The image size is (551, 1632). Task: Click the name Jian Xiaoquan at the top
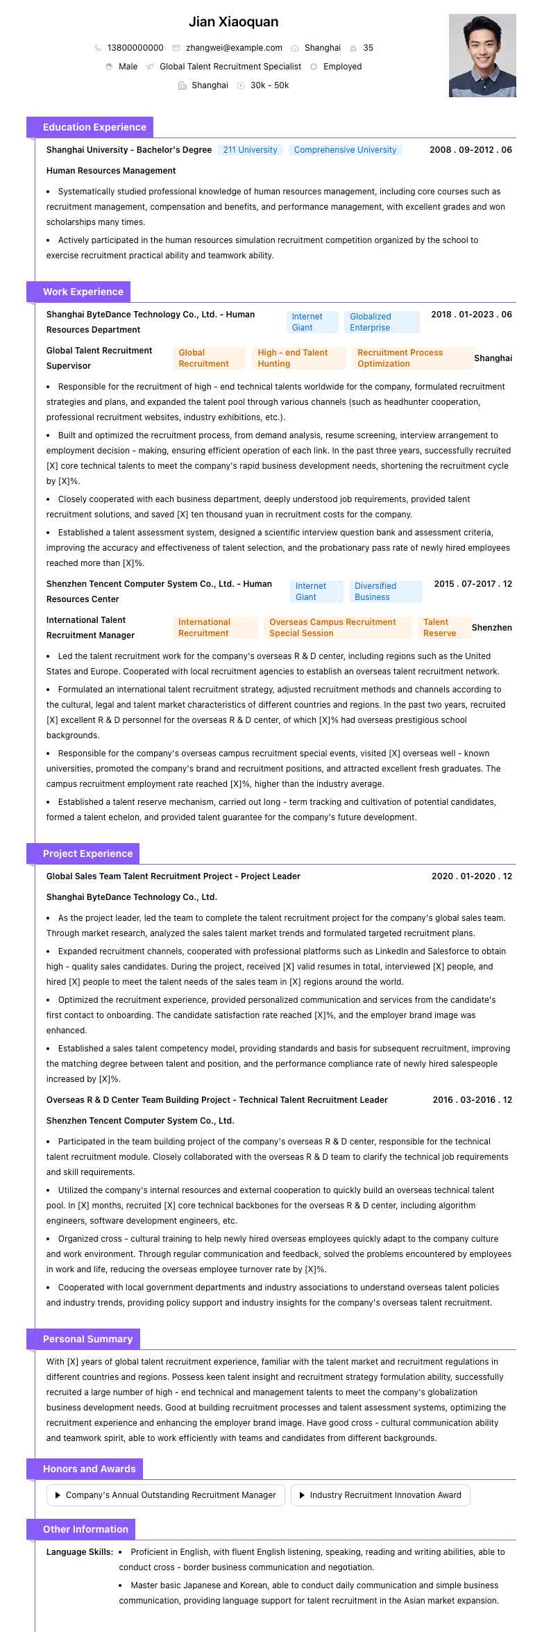pyautogui.click(x=233, y=22)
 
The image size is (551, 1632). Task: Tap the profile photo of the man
pyautogui.click(x=482, y=56)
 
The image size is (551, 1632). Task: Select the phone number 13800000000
pyautogui.click(x=135, y=48)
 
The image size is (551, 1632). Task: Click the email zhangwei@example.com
pyautogui.click(x=234, y=48)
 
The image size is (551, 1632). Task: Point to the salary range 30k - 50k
pyautogui.click(x=269, y=85)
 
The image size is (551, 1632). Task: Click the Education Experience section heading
pyautogui.click(x=94, y=127)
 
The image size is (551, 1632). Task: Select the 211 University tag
pyautogui.click(x=250, y=150)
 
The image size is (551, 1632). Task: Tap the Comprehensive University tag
pyautogui.click(x=345, y=150)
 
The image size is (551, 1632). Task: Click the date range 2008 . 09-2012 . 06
pyautogui.click(x=471, y=150)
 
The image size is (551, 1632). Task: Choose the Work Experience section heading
pyautogui.click(x=83, y=292)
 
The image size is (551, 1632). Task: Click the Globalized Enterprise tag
pyautogui.click(x=384, y=322)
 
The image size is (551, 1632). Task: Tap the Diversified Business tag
pyautogui.click(x=385, y=592)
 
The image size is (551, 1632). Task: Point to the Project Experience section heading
pyautogui.click(x=87, y=854)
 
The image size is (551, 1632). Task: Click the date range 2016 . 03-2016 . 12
pyautogui.click(x=472, y=1100)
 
